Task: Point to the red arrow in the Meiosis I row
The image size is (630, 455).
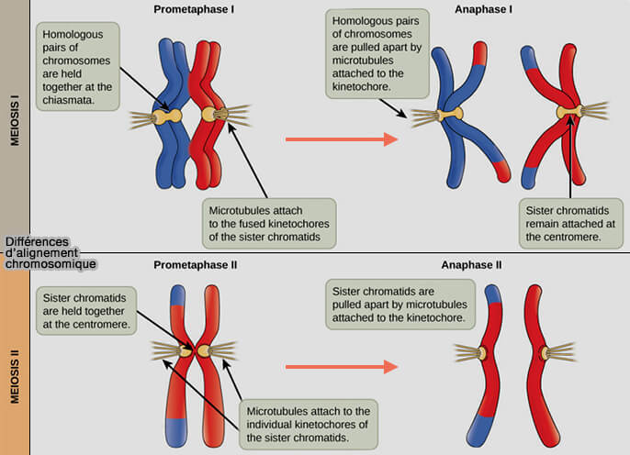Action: (x=341, y=139)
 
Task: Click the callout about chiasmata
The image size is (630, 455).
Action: (x=78, y=67)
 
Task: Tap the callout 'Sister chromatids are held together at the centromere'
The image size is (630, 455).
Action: (x=84, y=312)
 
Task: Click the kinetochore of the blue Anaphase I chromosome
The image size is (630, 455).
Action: (x=450, y=116)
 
